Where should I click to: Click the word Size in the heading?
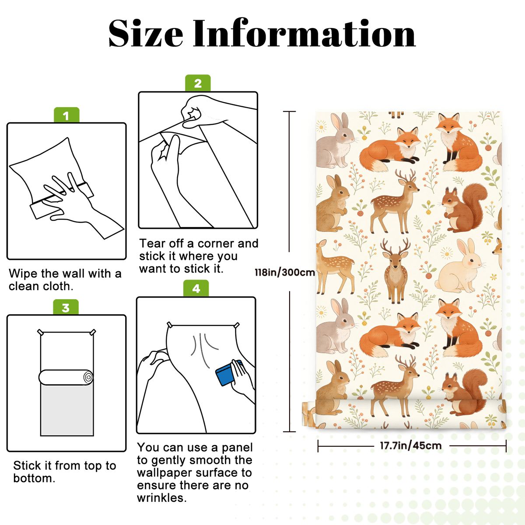tap(146, 34)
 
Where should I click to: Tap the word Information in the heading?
tap(304, 34)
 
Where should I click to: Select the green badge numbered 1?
tap(66, 115)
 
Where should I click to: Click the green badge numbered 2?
tap(198, 83)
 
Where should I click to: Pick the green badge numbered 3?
tap(66, 307)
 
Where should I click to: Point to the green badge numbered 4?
tap(196, 288)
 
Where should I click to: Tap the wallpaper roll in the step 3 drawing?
tap(66, 377)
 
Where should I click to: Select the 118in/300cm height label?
tap(285, 272)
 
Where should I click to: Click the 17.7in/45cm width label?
tap(411, 445)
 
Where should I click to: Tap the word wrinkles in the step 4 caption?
tap(162, 498)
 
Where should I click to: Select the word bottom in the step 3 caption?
tap(34, 479)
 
